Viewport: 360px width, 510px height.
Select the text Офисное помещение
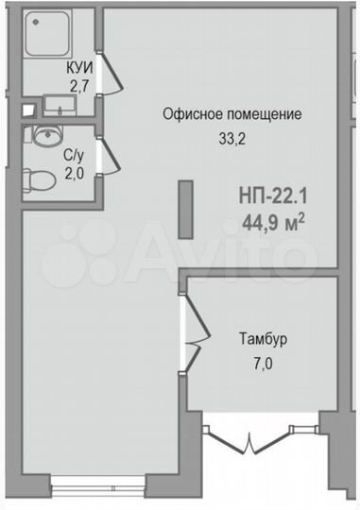tap(232, 115)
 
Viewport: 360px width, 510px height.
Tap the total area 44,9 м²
tap(275, 224)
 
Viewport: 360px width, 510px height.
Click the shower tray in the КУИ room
tap(46, 36)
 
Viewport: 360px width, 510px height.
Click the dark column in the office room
tap(186, 205)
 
